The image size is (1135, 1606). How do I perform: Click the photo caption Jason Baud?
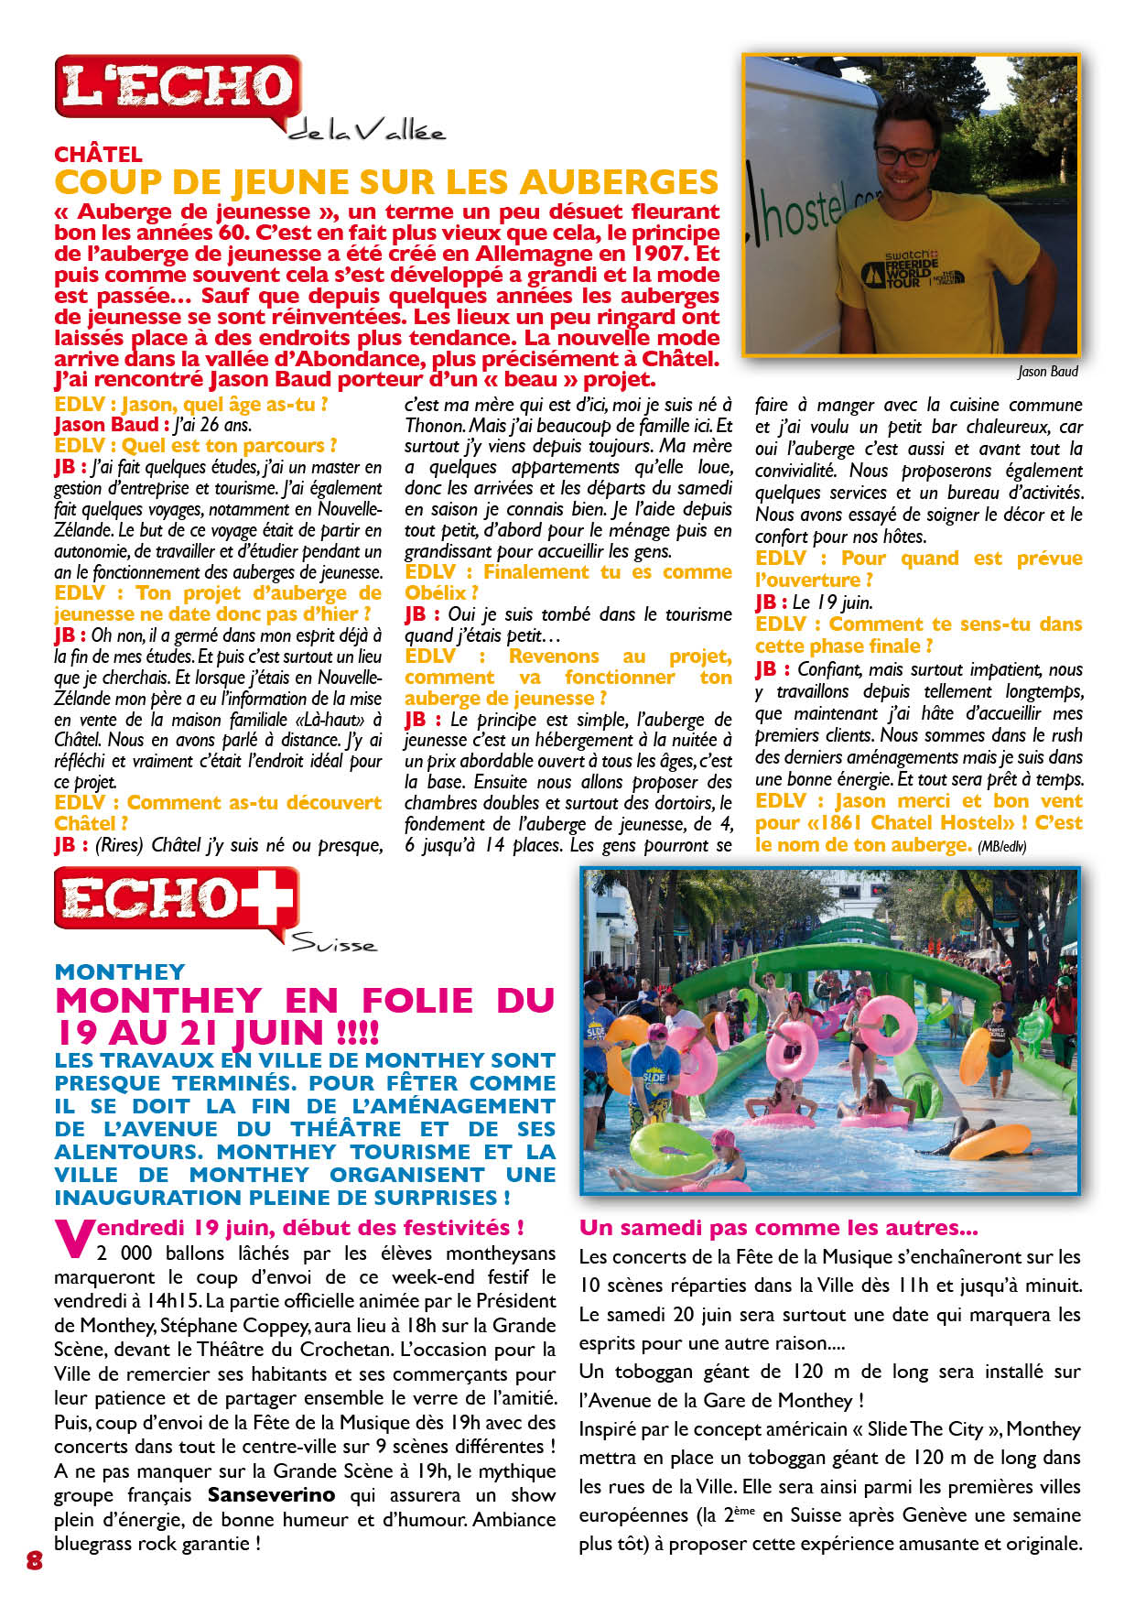(x=1047, y=371)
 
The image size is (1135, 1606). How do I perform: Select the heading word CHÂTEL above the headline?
(x=98, y=154)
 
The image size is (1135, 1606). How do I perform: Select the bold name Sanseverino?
(x=272, y=1495)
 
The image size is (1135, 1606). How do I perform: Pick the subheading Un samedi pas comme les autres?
(x=778, y=1228)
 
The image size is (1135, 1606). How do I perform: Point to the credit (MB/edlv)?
(x=1001, y=847)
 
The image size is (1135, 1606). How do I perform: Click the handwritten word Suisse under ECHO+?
(x=333, y=944)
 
